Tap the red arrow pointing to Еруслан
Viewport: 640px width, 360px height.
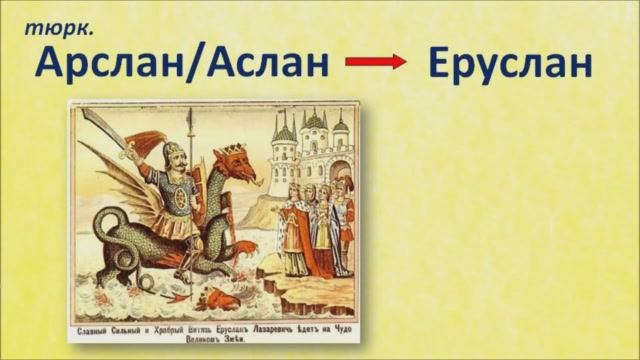click(x=376, y=62)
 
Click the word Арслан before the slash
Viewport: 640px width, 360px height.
click(x=109, y=63)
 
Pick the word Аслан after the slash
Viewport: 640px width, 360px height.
click(x=267, y=63)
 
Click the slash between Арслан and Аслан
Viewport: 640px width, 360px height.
click(x=195, y=63)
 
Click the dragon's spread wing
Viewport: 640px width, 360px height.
click(x=125, y=200)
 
